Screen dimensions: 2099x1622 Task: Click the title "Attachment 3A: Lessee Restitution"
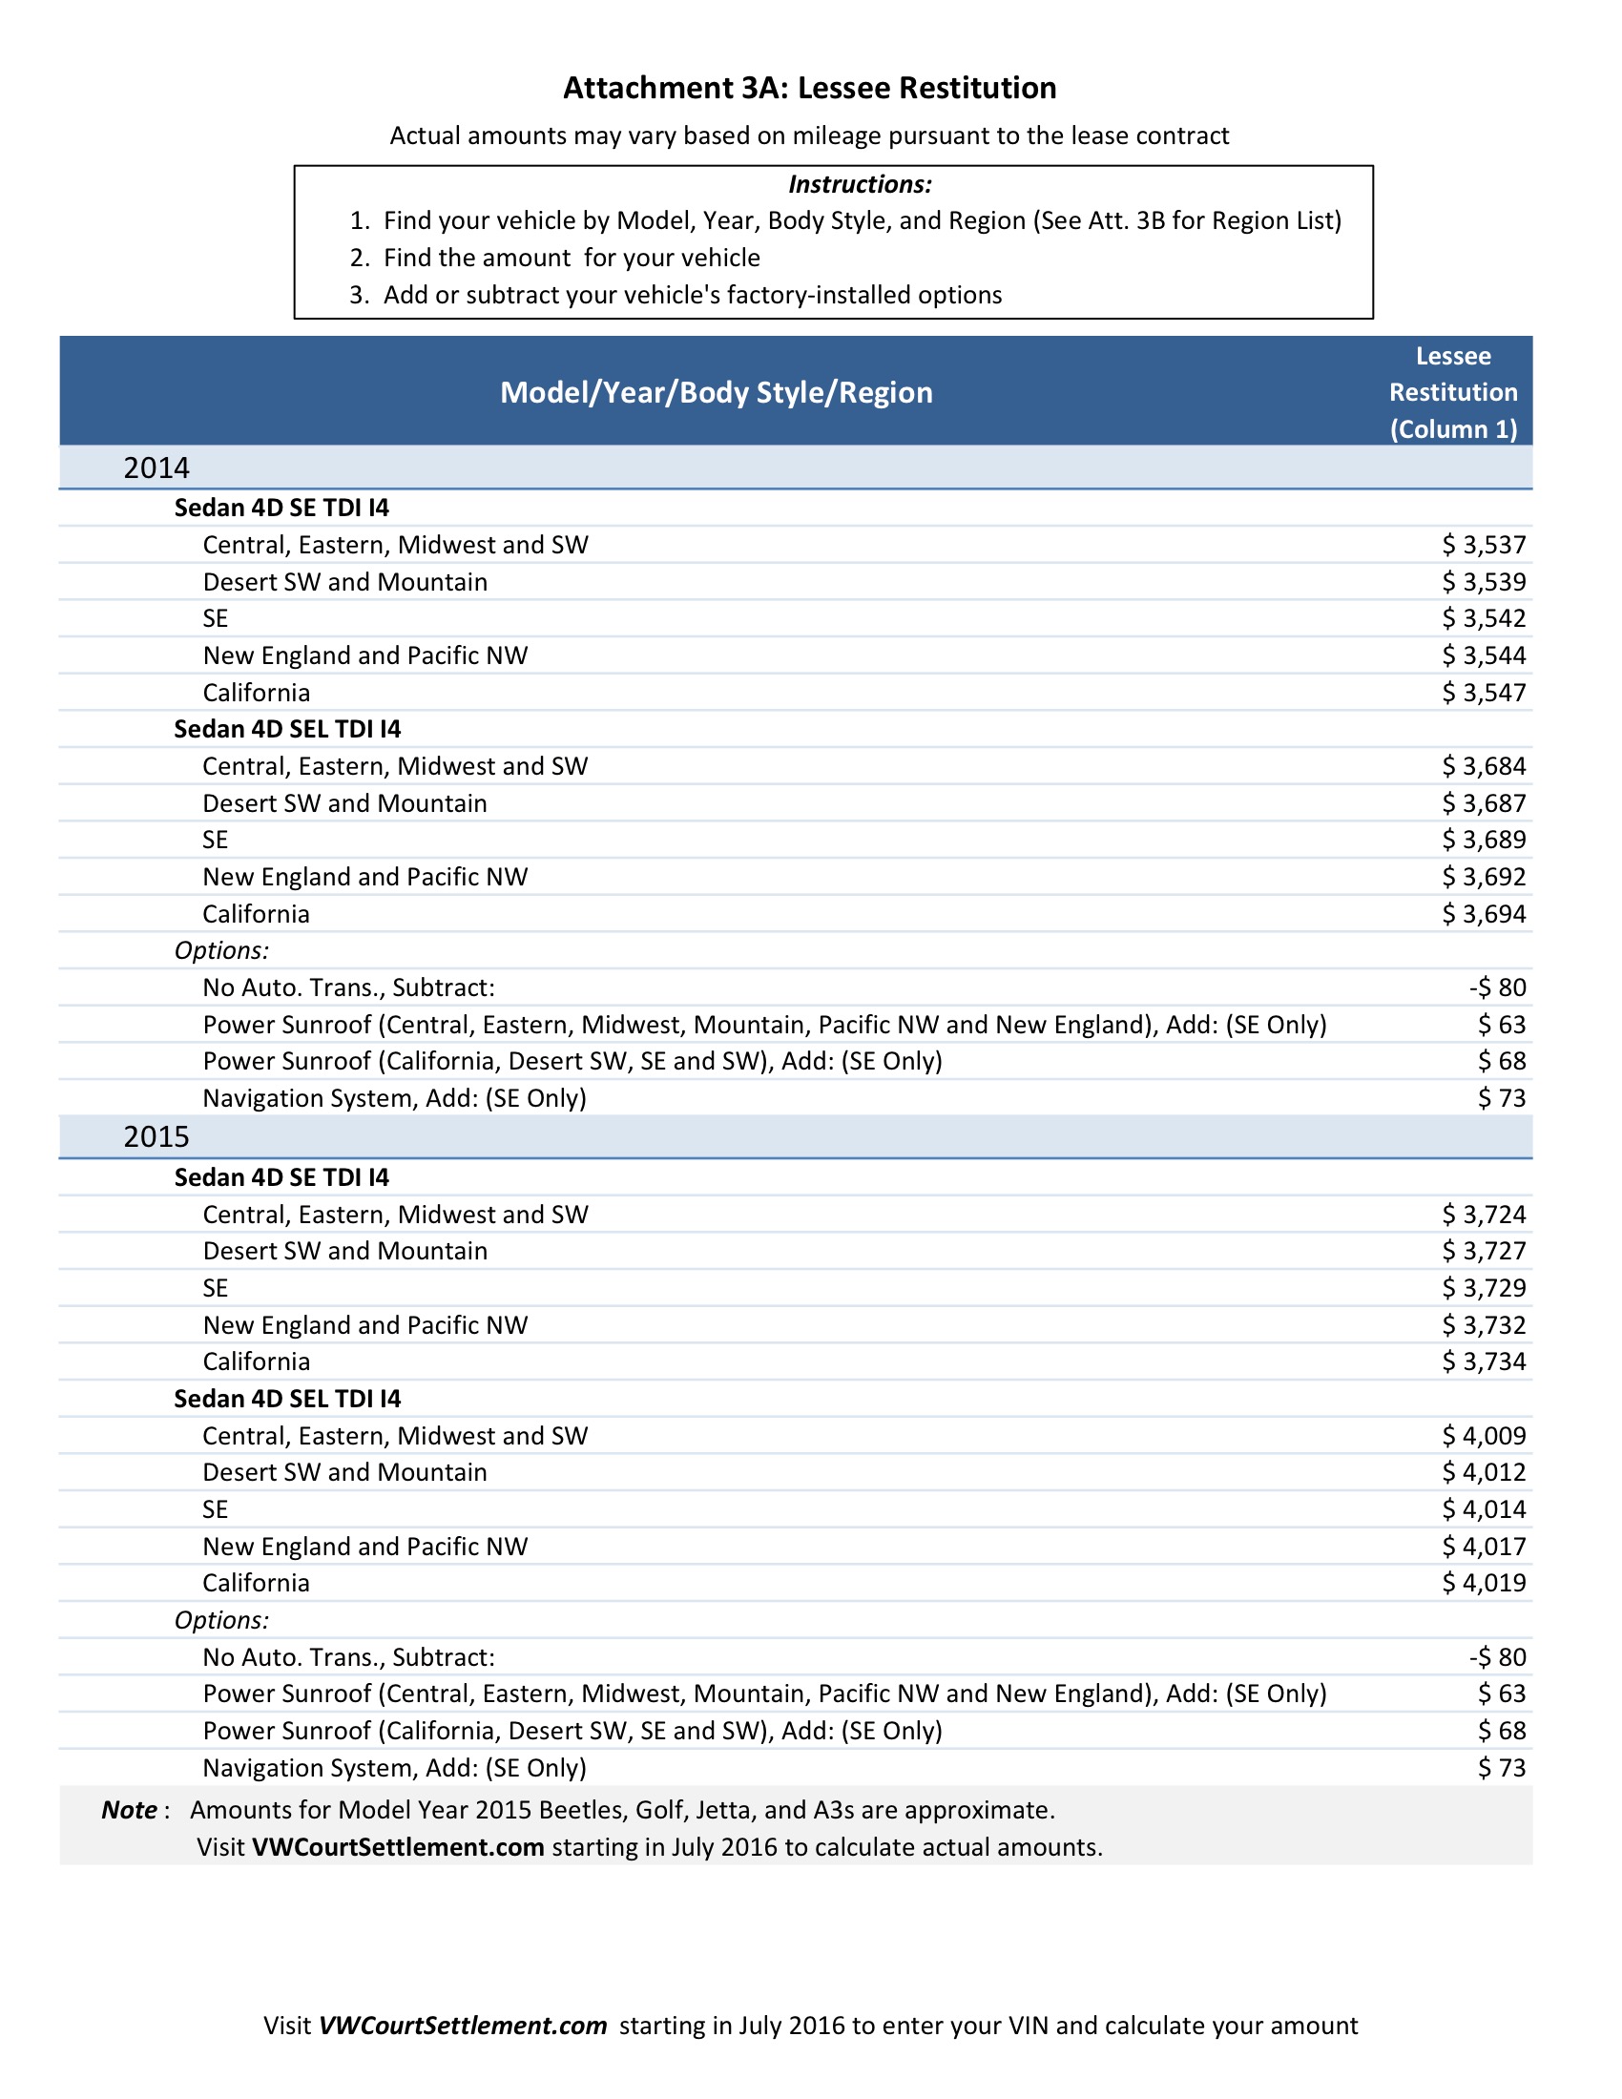(809, 89)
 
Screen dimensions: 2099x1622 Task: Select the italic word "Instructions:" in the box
(859, 184)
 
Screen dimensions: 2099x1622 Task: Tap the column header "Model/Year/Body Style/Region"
(716, 392)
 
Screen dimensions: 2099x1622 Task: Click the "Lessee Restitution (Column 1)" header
(1452, 392)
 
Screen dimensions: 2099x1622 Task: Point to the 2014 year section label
(156, 468)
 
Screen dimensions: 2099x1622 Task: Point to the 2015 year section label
(156, 1137)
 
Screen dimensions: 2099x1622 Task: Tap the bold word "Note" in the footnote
(129, 1811)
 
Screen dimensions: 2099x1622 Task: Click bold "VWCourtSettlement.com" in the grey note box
(398, 1847)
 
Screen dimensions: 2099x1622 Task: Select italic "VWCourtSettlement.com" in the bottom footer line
(462, 2026)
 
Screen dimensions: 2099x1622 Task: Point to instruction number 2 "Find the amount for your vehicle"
(571, 258)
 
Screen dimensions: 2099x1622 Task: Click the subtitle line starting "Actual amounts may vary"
(809, 135)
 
